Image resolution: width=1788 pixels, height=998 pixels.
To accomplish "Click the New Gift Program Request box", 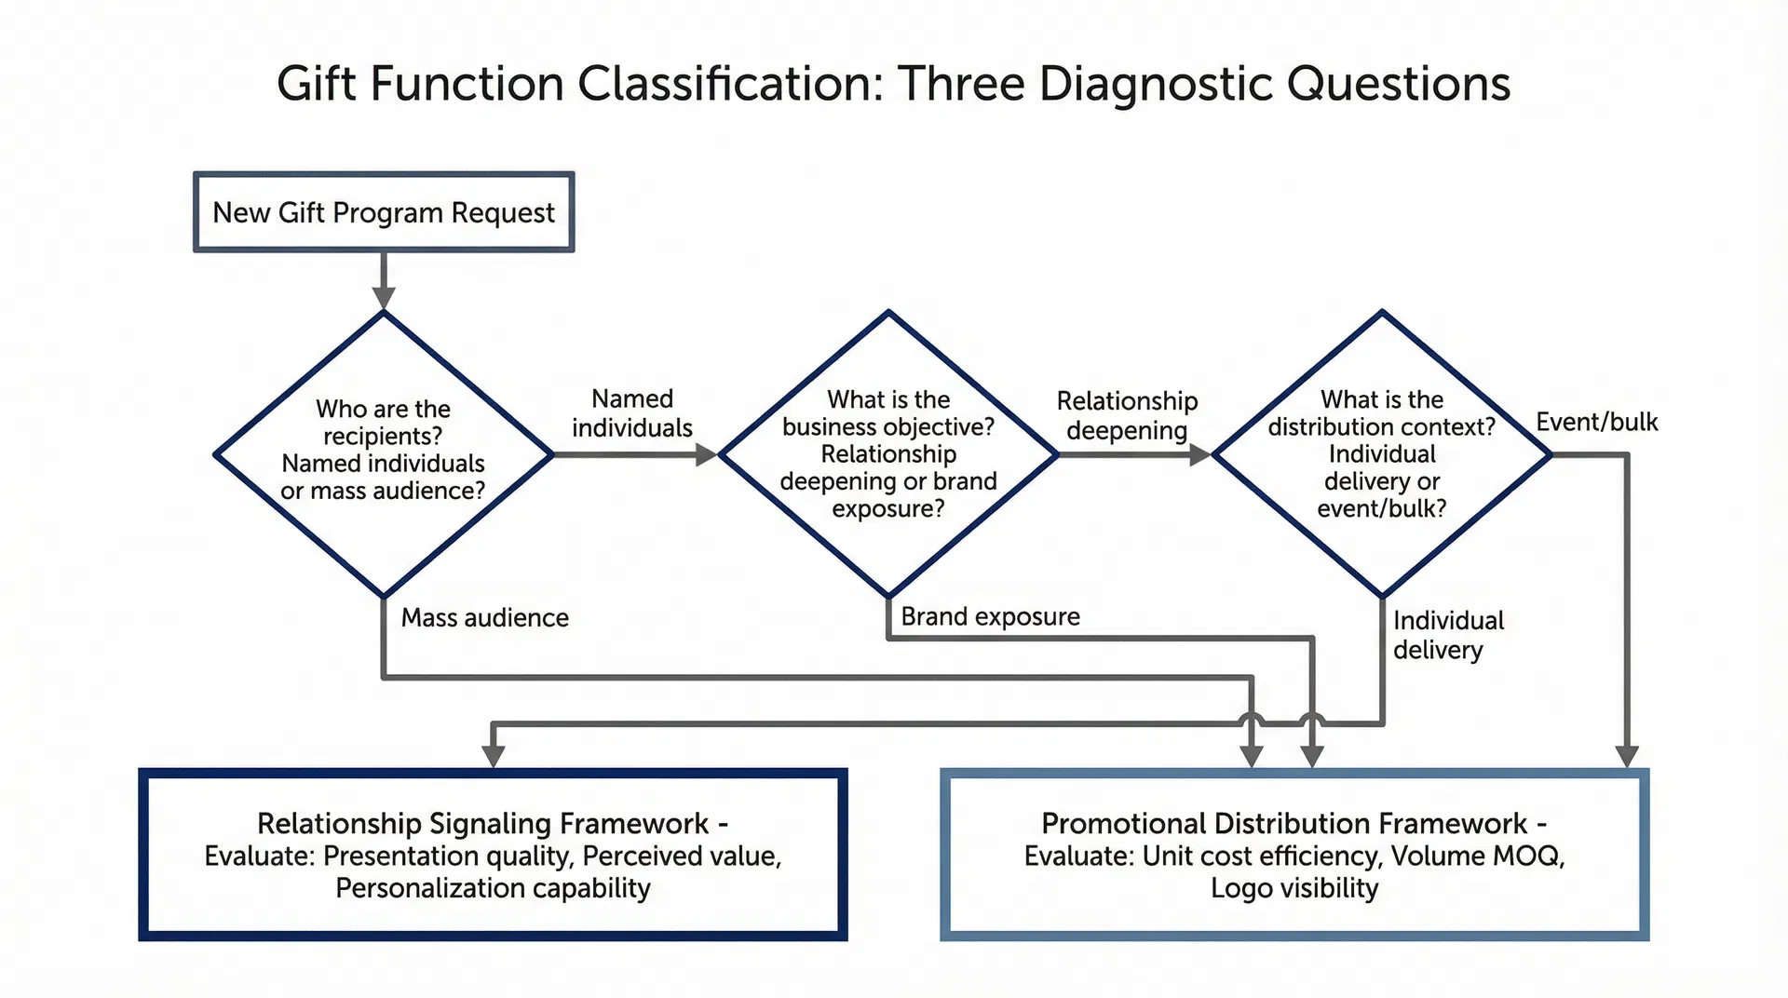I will tap(384, 212).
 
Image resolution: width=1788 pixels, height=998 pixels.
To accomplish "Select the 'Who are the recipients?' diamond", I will tap(384, 453).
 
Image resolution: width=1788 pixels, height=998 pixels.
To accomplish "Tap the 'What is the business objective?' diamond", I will tap(888, 453).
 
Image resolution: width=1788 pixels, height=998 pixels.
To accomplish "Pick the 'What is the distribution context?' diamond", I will tap(1382, 453).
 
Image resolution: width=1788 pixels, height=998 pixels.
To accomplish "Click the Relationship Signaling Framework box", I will tap(493, 855).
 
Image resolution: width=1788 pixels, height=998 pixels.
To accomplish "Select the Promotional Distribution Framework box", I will tap(1294, 855).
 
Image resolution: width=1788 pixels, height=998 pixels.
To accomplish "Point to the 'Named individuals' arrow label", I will tap(632, 413).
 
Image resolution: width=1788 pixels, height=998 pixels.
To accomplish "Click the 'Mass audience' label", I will tap(484, 618).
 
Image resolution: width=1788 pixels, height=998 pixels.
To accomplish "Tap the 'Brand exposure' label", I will tap(990, 616).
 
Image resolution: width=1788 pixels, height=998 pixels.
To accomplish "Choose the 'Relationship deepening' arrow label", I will tap(1127, 415).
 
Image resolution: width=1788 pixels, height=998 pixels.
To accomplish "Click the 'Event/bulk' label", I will tap(1596, 422).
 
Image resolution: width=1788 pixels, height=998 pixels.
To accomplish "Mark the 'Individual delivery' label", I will tap(1447, 635).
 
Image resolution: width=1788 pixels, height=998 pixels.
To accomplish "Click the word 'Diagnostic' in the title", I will tap(1156, 84).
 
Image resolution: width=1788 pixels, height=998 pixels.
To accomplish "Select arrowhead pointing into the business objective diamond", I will tap(707, 454).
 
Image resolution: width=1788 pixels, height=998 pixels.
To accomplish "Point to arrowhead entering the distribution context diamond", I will tap(1200, 454).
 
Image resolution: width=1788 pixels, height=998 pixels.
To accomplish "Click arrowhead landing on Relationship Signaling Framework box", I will tap(494, 756).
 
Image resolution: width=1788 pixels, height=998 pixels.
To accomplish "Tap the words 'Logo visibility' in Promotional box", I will tap(1294, 888).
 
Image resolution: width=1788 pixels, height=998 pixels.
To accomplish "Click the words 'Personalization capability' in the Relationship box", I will tap(493, 888).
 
